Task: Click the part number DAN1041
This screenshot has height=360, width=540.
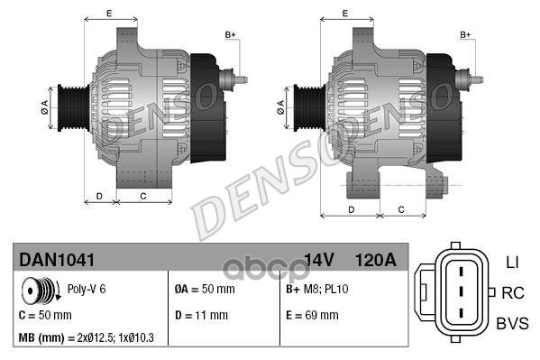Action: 57,260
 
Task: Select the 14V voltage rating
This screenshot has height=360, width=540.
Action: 319,260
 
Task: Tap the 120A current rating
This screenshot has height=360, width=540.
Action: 377,260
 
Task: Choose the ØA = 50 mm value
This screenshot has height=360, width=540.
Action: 204,290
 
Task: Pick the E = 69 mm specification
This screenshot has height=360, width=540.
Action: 311,316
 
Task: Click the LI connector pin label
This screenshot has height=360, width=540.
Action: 512,262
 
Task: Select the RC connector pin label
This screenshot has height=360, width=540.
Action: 512,292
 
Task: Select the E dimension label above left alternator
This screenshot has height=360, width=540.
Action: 108,13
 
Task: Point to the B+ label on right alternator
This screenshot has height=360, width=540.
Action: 466,34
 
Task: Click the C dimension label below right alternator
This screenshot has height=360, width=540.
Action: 400,209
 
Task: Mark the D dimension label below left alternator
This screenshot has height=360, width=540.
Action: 99,195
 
